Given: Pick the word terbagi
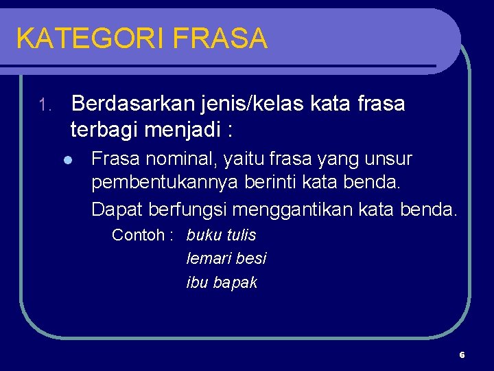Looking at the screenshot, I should [x=104, y=128].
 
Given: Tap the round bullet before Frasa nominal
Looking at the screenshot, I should [x=67, y=161].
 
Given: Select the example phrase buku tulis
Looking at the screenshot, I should [x=221, y=235].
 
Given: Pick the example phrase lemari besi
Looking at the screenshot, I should [x=226, y=258].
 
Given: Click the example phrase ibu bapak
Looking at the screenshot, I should [x=222, y=282].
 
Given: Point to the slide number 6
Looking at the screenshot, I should [x=462, y=355].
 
